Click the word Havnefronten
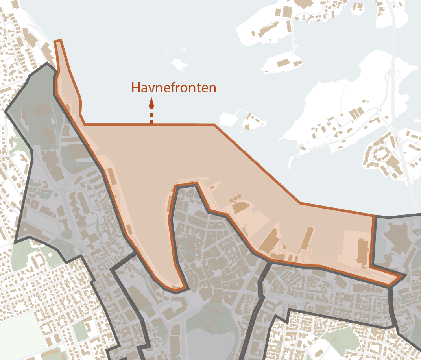[174, 87]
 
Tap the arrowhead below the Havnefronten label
[151, 104]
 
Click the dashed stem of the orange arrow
[151, 117]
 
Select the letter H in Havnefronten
[136, 87]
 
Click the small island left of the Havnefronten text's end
[179, 64]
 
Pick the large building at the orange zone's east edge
[362, 252]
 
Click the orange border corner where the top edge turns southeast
[214, 125]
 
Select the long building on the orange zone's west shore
[112, 177]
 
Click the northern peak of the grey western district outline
[47, 63]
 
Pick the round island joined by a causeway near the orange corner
[228, 118]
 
